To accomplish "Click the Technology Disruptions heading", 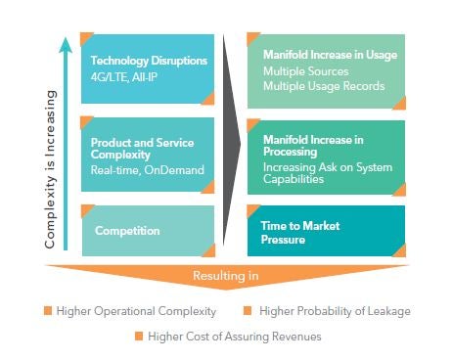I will [149, 61].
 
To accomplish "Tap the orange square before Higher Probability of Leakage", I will [249, 311].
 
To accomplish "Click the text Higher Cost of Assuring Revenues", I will [232, 337].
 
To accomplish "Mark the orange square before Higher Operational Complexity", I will [46, 311].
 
